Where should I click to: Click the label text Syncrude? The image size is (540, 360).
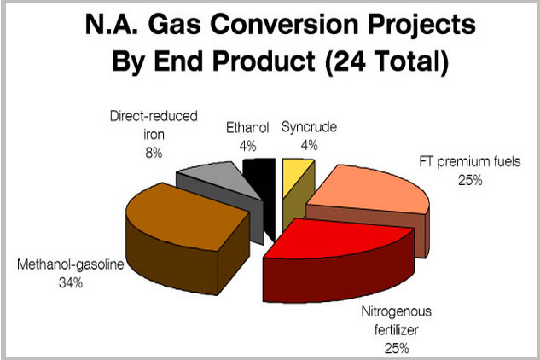click(x=309, y=127)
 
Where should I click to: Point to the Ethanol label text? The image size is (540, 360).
click(x=247, y=128)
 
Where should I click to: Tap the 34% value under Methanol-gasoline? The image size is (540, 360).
click(x=71, y=283)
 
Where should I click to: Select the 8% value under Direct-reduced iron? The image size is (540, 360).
click(x=154, y=153)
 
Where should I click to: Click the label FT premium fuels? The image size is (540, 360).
click(x=470, y=161)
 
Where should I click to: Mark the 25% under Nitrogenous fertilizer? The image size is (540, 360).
click(x=397, y=349)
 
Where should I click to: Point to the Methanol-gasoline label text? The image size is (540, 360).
click(x=71, y=264)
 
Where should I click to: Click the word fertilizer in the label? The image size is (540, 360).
click(x=397, y=329)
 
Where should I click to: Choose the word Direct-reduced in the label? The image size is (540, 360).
click(x=154, y=116)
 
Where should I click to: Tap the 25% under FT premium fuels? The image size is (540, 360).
click(x=470, y=180)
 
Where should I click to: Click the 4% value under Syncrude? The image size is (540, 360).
click(x=309, y=145)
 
